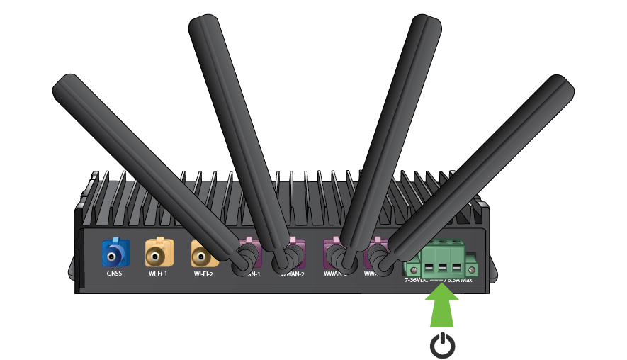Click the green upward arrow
click(x=441, y=305)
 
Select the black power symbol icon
click(x=443, y=344)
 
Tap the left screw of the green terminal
click(x=412, y=269)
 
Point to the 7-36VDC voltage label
click(x=417, y=280)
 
